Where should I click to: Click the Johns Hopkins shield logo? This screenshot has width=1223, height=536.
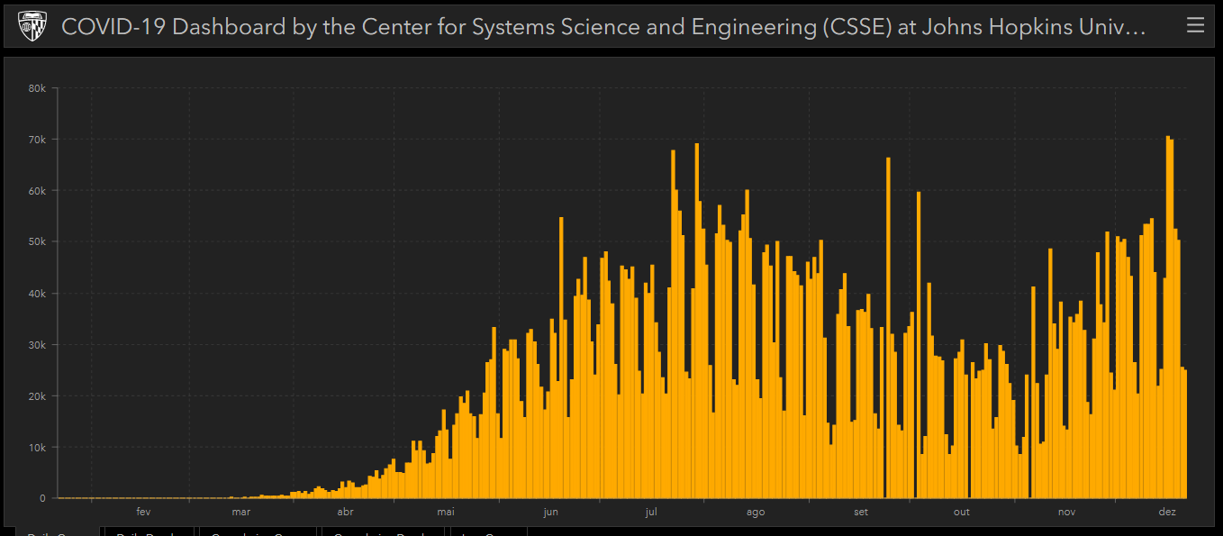click(x=32, y=26)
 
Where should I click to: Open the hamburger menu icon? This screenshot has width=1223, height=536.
click(x=1195, y=25)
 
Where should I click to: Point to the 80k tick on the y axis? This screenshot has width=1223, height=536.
click(x=37, y=88)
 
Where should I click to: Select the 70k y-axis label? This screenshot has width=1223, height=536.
click(x=37, y=140)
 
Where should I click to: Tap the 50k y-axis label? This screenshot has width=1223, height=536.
click(x=37, y=242)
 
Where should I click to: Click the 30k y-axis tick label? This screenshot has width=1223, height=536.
click(x=37, y=345)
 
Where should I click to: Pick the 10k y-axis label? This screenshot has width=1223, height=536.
click(x=37, y=448)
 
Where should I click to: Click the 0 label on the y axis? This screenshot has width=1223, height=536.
click(x=42, y=498)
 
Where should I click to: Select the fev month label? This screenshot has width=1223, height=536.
click(x=143, y=513)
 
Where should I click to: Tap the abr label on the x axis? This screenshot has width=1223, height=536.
click(x=345, y=513)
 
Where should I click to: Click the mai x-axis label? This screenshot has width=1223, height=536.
click(x=446, y=513)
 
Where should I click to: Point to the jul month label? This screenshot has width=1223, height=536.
click(x=652, y=513)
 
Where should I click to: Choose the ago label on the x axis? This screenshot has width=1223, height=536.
click(x=756, y=513)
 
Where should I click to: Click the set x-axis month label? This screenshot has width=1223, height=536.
click(x=861, y=513)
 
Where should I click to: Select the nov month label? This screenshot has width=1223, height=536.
click(x=1066, y=513)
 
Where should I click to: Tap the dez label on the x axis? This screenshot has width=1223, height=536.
click(x=1167, y=513)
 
